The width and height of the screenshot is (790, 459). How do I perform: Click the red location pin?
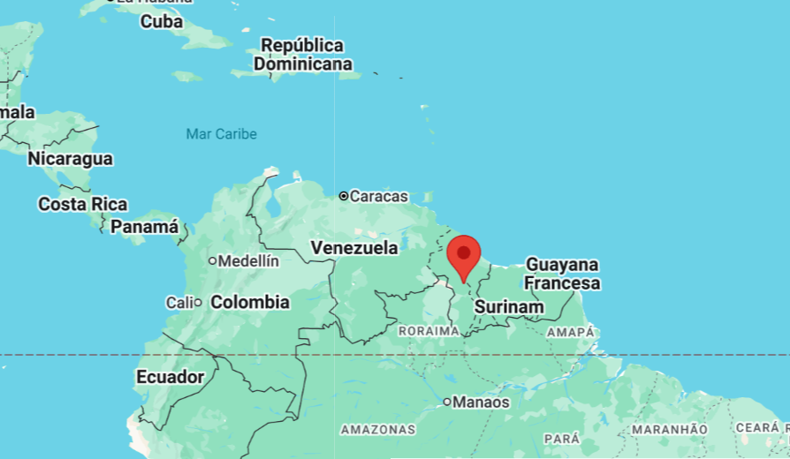pyautogui.click(x=463, y=254)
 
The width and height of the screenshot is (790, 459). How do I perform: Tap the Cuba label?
pyautogui.click(x=162, y=21)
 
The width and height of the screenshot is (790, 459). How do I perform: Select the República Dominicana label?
pyautogui.click(x=302, y=54)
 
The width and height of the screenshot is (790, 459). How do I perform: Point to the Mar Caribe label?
pyautogui.click(x=221, y=134)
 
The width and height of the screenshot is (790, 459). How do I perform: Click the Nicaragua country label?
pyautogui.click(x=70, y=159)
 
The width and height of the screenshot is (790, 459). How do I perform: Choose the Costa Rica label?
pyautogui.click(x=82, y=204)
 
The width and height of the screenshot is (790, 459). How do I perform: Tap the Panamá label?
pyautogui.click(x=144, y=227)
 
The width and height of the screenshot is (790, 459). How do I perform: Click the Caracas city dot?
pyautogui.click(x=344, y=196)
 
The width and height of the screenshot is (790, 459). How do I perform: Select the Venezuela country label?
pyautogui.click(x=354, y=248)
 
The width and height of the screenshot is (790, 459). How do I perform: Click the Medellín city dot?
pyautogui.click(x=212, y=261)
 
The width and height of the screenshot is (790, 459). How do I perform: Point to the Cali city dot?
pyautogui.click(x=198, y=303)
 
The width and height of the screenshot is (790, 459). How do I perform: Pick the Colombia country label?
pyautogui.click(x=250, y=302)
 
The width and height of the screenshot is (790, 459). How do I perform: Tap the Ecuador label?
pyautogui.click(x=170, y=377)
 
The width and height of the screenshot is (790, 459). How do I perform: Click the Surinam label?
pyautogui.click(x=508, y=306)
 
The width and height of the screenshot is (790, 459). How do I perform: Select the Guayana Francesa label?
pyautogui.click(x=562, y=274)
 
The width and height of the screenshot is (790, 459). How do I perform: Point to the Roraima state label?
pyautogui.click(x=429, y=331)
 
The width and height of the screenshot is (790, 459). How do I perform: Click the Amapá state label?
pyautogui.click(x=571, y=332)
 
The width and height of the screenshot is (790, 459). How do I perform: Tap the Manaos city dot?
pyautogui.click(x=447, y=403)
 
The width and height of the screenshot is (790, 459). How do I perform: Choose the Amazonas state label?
pyautogui.click(x=377, y=430)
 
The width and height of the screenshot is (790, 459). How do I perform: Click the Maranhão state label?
pyautogui.click(x=669, y=430)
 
